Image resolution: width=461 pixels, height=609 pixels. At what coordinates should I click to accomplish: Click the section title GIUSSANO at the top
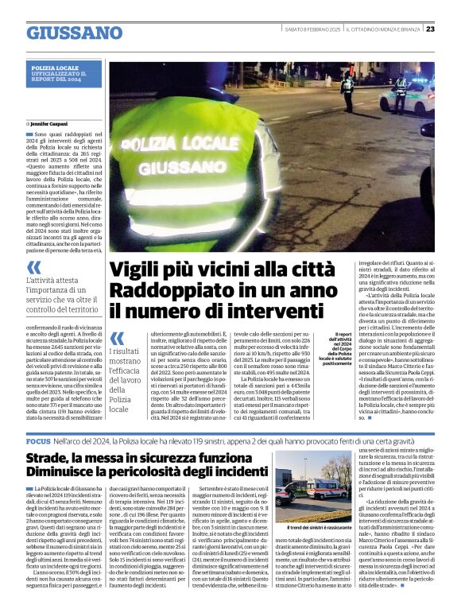74,33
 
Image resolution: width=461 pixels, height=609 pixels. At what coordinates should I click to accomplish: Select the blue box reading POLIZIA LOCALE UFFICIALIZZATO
64,73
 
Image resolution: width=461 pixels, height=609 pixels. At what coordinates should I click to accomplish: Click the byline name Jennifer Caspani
54,125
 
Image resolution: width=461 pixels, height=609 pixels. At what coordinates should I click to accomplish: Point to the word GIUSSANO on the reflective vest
176,168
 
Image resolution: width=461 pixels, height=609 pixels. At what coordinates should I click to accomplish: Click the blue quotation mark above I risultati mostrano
118,339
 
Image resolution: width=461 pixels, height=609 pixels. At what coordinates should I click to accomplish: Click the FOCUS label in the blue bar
38,440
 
